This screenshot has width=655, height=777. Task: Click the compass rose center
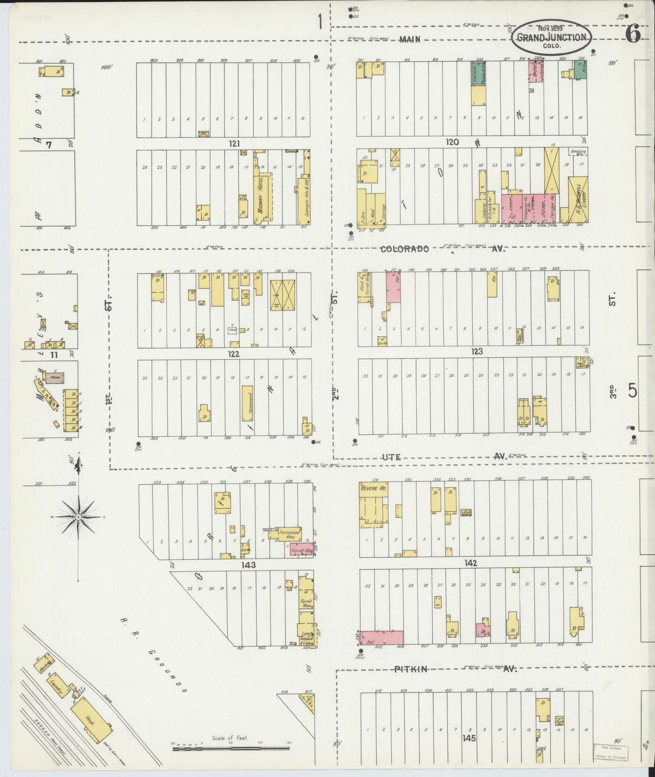click(78, 517)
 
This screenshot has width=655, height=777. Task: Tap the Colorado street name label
click(404, 249)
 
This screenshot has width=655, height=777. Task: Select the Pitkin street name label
click(411, 669)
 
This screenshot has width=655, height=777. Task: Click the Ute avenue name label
click(391, 457)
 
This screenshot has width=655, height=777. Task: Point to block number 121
click(233, 144)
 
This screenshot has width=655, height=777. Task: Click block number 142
click(471, 563)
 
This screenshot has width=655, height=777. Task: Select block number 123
click(476, 351)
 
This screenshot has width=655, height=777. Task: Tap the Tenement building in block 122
click(247, 400)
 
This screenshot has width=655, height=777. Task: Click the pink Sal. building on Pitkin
click(381, 637)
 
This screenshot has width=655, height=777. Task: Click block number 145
click(469, 738)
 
